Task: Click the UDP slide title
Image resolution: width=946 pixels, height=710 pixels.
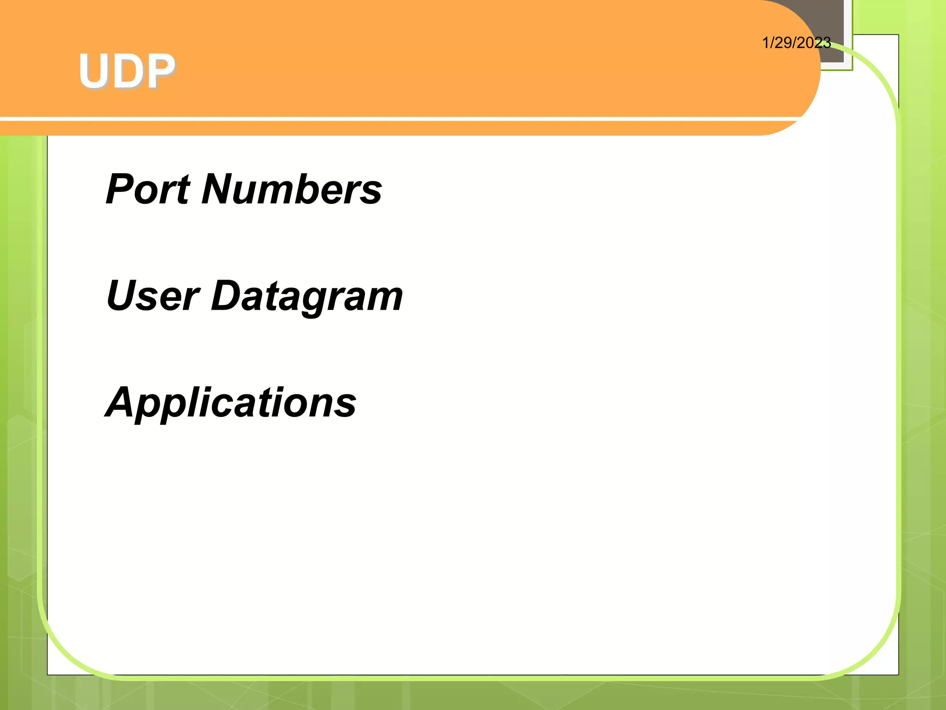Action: click(127, 71)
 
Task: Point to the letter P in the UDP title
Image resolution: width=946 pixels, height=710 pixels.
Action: click(159, 71)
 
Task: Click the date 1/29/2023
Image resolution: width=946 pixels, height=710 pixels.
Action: click(796, 43)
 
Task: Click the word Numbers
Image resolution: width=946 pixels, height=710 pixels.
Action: click(291, 189)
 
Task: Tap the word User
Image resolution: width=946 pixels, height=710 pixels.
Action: click(152, 296)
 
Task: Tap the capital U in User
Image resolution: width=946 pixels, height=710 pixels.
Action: click(121, 296)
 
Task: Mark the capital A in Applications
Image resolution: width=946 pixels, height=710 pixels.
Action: click(121, 402)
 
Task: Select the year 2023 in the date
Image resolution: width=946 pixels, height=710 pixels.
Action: click(814, 43)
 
